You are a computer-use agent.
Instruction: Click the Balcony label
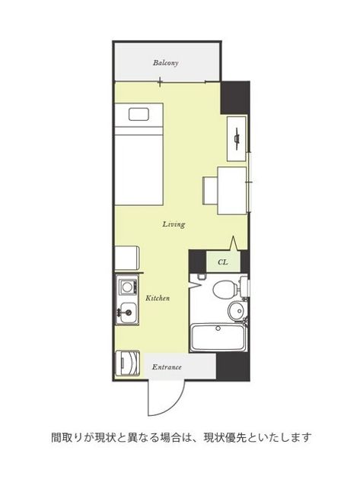point(165,63)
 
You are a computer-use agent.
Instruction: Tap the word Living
point(174,224)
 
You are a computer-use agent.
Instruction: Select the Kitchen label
point(158,298)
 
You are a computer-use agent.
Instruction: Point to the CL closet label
point(223,262)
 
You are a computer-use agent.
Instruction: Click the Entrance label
point(167,367)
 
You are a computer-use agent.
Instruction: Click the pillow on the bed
point(139,114)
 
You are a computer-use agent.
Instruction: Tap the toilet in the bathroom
point(227,289)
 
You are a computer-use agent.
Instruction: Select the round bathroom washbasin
point(237,311)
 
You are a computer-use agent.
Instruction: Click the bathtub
point(218,338)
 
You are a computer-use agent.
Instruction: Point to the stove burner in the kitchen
point(126,287)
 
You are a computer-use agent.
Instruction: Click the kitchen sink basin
point(128,312)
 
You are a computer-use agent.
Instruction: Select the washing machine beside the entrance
point(128,363)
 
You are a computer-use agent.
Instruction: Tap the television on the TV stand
point(237,138)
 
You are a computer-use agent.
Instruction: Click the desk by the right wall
point(232,191)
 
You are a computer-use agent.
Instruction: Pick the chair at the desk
point(210,191)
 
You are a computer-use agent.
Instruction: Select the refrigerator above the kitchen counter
point(127,259)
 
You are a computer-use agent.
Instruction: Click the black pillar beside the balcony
point(235,98)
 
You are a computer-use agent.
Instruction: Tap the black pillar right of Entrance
point(233,366)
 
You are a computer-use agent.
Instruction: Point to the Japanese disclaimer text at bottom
point(181,438)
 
